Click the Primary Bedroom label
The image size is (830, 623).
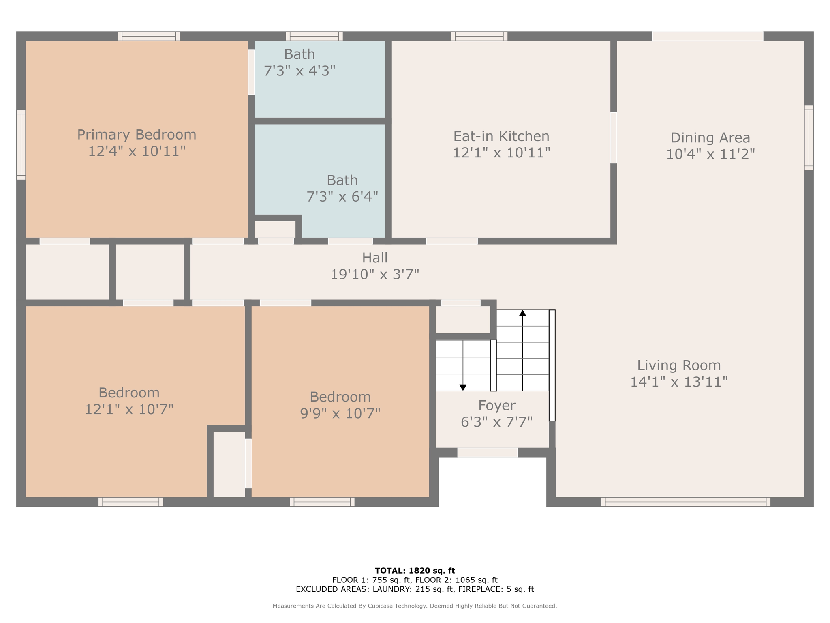[137, 134]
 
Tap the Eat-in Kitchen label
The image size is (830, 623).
[501, 136]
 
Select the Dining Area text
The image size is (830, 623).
[710, 137]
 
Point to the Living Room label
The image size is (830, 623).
[679, 365]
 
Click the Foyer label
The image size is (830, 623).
[496, 405]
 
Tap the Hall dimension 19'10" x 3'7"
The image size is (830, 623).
[374, 274]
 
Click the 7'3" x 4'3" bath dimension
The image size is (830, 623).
[299, 71]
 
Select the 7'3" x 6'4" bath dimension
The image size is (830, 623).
[342, 197]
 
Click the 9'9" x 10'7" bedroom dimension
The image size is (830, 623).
[340, 413]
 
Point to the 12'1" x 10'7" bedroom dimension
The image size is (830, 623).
[129, 409]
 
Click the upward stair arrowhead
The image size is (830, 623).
[522, 313]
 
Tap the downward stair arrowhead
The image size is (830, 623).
[463, 387]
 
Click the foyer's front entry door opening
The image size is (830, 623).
[488, 452]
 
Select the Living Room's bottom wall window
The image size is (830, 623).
[686, 502]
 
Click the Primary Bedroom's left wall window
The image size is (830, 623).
[21, 144]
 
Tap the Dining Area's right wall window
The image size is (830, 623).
[809, 138]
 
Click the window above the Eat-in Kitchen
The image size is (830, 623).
[479, 36]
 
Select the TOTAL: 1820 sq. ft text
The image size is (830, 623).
[415, 571]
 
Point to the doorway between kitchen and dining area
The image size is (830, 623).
[614, 137]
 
